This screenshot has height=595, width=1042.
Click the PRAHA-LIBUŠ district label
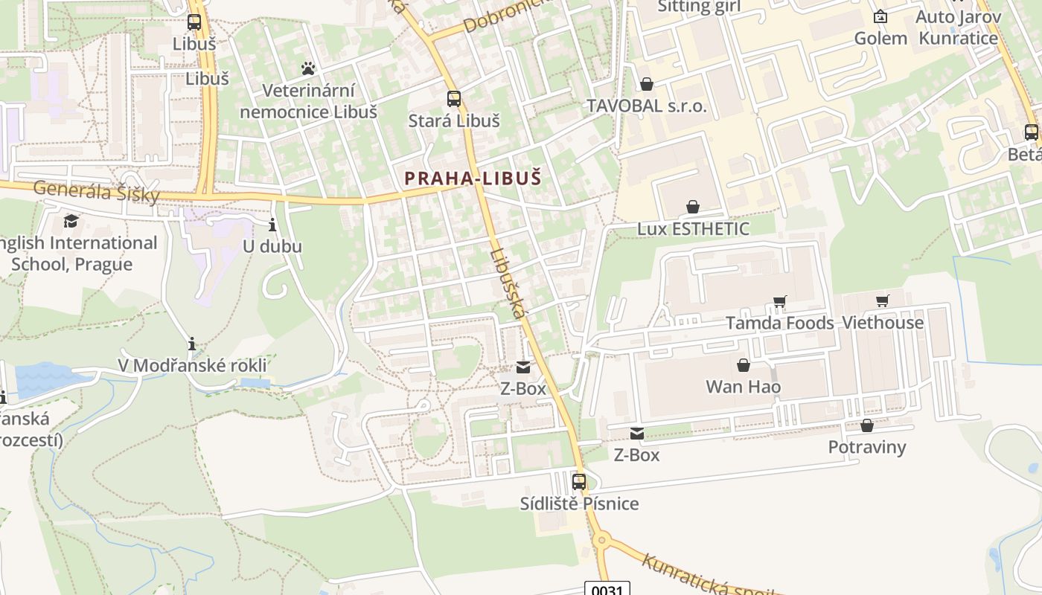(473, 178)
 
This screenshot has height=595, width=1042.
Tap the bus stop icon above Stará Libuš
(453, 98)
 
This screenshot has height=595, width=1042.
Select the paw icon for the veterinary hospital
(308, 68)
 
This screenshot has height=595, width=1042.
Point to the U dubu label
(272, 245)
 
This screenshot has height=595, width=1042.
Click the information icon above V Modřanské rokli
(192, 344)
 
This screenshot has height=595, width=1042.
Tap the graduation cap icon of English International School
(71, 221)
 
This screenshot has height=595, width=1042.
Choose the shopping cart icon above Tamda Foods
(779, 301)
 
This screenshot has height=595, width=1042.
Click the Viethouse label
(882, 323)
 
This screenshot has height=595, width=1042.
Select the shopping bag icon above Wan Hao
(743, 365)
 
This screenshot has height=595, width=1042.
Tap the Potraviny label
(867, 447)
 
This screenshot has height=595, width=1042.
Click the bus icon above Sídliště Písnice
(579, 481)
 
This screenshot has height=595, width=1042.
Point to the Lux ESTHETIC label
(693, 228)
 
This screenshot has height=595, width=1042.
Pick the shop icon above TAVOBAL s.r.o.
(647, 84)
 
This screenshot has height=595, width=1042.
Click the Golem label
(880, 38)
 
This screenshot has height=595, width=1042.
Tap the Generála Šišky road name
(97, 191)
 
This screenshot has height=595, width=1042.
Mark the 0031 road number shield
(607, 589)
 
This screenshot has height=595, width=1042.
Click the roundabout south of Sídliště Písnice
(601, 539)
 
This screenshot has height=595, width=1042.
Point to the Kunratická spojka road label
(707, 576)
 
